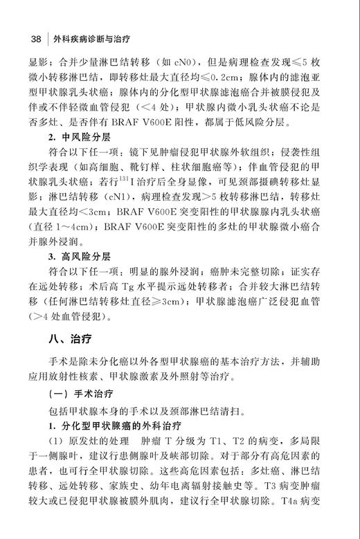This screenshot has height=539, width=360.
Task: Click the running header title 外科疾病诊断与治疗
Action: [85, 37]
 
